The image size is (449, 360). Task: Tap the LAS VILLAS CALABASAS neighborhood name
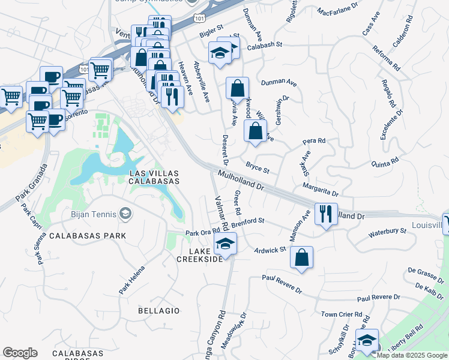(x=155, y=177)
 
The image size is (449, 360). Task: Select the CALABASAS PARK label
(x=88, y=236)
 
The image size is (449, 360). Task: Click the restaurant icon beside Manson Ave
(x=325, y=214)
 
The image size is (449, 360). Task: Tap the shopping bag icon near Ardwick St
(x=301, y=257)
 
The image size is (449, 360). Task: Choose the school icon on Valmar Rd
(x=225, y=244)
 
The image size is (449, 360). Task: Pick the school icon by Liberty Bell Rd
(x=366, y=340)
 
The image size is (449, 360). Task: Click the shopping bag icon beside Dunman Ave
(x=238, y=88)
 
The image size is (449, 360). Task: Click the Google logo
(x=20, y=353)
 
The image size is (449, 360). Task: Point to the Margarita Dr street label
(x=321, y=190)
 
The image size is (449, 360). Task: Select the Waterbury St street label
(x=387, y=232)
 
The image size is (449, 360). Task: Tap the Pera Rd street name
(x=314, y=142)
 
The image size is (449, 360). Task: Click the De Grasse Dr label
(x=424, y=275)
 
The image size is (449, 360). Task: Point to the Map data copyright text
(x=412, y=355)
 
